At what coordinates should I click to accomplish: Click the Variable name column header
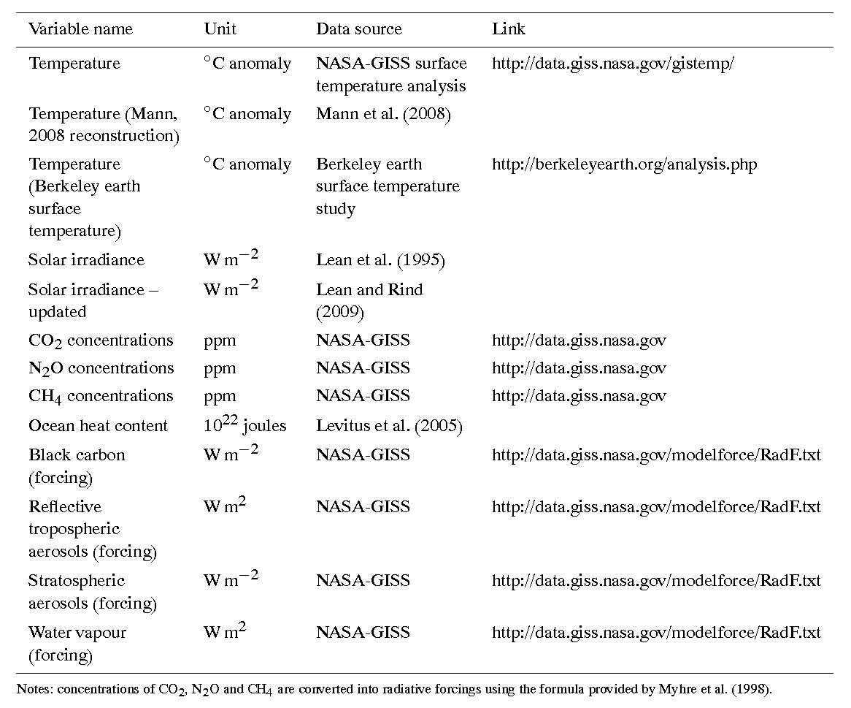click(x=80, y=30)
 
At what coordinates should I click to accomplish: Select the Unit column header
click(x=220, y=30)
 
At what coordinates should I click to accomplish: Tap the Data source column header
click(x=358, y=30)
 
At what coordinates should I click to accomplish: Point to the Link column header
click(x=508, y=30)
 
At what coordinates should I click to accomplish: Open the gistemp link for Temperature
click(x=612, y=64)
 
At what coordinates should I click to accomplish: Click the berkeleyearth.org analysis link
click(x=624, y=164)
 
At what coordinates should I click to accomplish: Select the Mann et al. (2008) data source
click(x=383, y=114)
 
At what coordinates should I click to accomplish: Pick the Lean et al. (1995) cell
click(x=380, y=260)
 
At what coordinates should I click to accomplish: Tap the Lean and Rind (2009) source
click(x=369, y=300)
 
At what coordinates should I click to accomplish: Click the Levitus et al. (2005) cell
click(x=389, y=426)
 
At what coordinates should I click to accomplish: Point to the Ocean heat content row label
click(x=98, y=426)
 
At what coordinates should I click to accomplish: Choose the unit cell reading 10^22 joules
click(x=244, y=425)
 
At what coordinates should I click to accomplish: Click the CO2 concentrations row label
click(x=101, y=340)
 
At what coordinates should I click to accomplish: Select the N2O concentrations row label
click(x=101, y=368)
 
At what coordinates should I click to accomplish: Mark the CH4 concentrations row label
click(x=101, y=396)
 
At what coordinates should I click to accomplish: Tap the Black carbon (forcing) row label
click(x=77, y=465)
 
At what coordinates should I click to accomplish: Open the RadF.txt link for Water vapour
click(x=656, y=633)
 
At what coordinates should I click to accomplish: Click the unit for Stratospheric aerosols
click(x=231, y=580)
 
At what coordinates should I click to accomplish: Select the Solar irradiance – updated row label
click(x=93, y=300)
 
